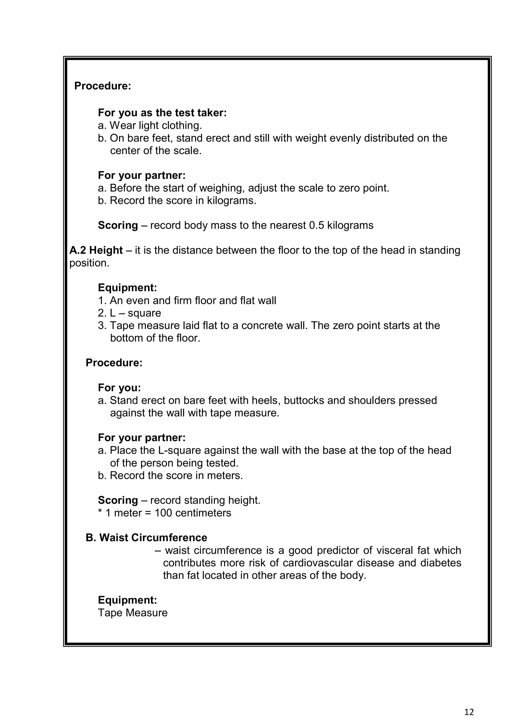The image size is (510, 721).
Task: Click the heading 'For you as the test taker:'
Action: pos(162,113)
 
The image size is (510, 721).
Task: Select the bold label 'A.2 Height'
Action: pos(96,250)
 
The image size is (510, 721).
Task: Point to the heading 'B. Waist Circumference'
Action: pos(146,538)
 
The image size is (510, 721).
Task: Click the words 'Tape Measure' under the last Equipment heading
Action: pos(133,613)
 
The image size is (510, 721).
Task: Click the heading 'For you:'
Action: pos(120,388)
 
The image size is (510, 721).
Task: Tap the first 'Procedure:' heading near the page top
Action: pos(102,86)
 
